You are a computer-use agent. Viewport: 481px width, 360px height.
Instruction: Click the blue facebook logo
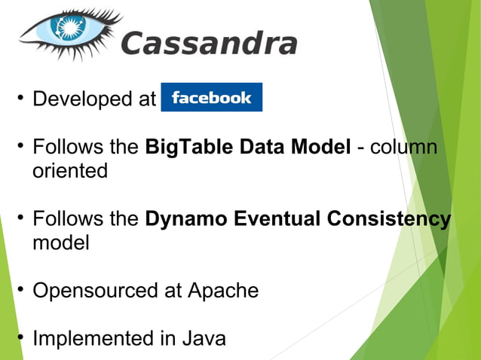click(211, 98)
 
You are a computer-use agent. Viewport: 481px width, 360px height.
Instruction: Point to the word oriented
click(69, 171)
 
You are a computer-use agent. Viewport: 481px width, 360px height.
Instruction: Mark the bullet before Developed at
click(17, 99)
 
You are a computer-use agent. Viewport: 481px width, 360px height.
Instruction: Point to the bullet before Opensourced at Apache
click(17, 291)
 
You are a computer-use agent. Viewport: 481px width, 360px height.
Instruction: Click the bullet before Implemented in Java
click(17, 339)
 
